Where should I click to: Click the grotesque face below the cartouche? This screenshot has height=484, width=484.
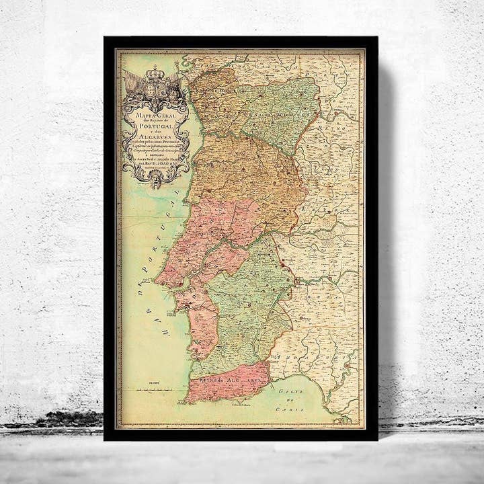tap(157, 180)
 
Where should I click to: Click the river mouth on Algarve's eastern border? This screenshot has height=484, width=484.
tap(269, 386)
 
